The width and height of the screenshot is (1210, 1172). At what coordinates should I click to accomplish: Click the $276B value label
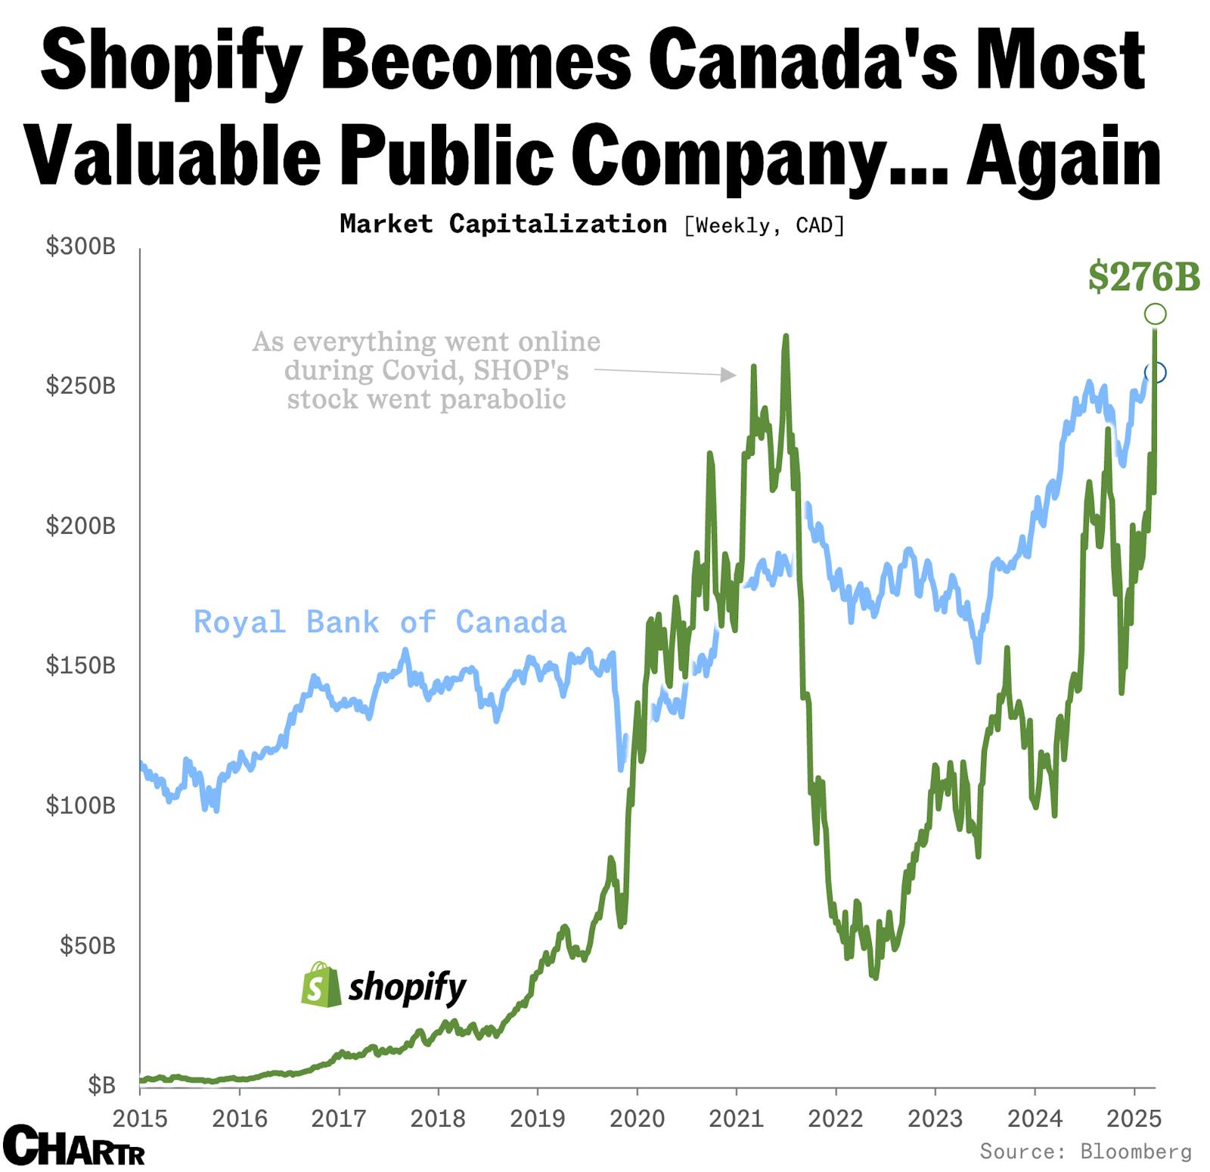[1143, 277]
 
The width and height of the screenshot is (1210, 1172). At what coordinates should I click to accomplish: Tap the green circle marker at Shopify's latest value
[1155, 313]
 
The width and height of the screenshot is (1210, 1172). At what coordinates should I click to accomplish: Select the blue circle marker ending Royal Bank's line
[1156, 372]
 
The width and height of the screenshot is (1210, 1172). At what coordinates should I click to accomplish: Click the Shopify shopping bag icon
[321, 984]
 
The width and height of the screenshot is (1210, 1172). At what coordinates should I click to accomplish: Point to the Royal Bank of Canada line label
[380, 622]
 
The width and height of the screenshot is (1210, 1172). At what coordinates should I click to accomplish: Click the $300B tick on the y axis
[81, 246]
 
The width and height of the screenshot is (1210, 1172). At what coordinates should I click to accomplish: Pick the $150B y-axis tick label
[81, 665]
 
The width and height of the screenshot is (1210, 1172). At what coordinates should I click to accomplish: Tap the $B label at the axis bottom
[101, 1085]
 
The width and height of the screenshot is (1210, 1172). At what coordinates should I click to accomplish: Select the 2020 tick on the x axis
[637, 1118]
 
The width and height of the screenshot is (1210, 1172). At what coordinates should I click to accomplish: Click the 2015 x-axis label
[140, 1118]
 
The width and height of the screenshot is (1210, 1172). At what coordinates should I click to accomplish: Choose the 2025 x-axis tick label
[1134, 1118]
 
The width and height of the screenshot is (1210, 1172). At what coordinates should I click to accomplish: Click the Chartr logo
[73, 1146]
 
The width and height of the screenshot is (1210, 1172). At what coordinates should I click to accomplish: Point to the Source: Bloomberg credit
[1085, 1152]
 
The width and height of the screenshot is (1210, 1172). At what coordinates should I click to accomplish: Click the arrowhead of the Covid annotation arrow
[729, 374]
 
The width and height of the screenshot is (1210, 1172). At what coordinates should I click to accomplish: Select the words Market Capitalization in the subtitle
[503, 224]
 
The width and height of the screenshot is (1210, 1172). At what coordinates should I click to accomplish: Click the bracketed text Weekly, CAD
[764, 225]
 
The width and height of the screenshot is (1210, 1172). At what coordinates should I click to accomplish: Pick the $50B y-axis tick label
[88, 945]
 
